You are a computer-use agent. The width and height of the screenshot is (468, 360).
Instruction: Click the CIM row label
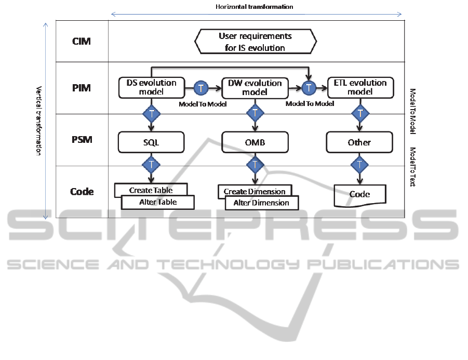coord(82,41)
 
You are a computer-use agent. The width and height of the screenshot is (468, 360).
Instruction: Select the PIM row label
coord(82,88)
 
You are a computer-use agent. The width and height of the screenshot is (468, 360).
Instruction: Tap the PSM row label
coord(82,140)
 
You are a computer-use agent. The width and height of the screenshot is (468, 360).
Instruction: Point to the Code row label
coord(82,192)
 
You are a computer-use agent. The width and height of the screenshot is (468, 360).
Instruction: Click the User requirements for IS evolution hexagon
coord(255,42)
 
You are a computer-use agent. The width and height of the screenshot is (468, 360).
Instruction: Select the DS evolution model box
coord(151,87)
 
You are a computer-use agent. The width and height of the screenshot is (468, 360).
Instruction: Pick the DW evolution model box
coord(255,87)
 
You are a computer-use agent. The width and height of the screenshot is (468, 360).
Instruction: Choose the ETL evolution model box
coord(360,87)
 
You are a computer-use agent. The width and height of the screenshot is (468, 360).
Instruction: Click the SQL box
coord(151,142)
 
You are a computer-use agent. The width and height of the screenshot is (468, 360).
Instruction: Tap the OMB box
coord(255,142)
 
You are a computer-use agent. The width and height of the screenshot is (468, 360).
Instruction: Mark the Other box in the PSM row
coord(359,142)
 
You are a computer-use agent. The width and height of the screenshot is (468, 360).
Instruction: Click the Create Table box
coord(151,190)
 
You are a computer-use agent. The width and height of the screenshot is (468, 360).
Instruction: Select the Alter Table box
coord(158,202)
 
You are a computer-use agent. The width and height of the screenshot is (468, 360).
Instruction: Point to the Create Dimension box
coord(255,191)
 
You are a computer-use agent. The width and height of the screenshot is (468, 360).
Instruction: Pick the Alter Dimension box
coord(262,203)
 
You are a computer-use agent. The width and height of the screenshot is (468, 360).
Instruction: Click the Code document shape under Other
coord(359,194)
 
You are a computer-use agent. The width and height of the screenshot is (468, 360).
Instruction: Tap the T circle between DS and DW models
coord(201,88)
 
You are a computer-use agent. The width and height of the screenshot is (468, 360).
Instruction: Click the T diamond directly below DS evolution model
coord(151,113)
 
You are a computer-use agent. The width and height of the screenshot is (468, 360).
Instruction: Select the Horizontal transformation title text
coord(255,7)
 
